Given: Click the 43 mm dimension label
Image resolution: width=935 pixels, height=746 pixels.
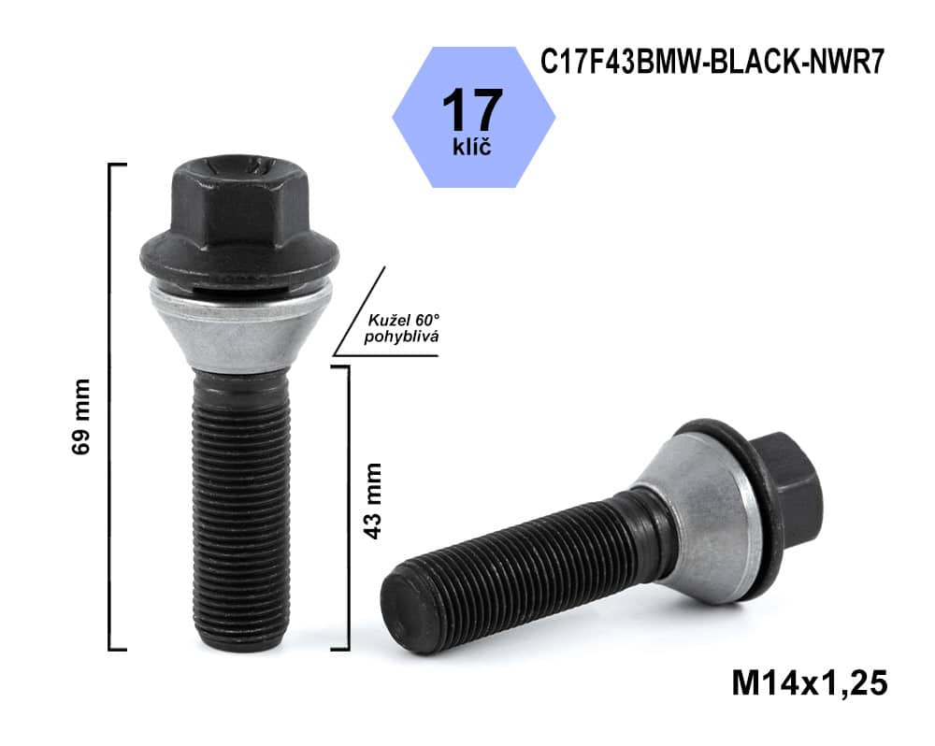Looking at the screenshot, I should tap(372, 499).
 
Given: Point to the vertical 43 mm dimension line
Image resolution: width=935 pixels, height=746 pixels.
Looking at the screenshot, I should tap(348, 505).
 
